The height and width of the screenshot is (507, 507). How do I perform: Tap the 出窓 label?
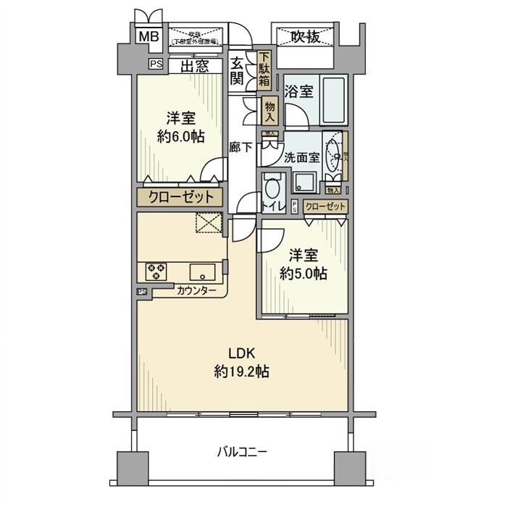point(195,67)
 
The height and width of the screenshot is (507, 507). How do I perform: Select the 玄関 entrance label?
point(237,71)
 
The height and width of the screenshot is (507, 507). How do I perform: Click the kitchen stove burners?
point(156,272)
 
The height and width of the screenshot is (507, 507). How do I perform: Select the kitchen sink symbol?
point(202,272)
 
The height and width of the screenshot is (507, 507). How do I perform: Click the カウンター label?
point(196,290)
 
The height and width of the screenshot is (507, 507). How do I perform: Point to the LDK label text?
point(240,354)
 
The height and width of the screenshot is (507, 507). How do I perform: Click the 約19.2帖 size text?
point(242,372)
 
